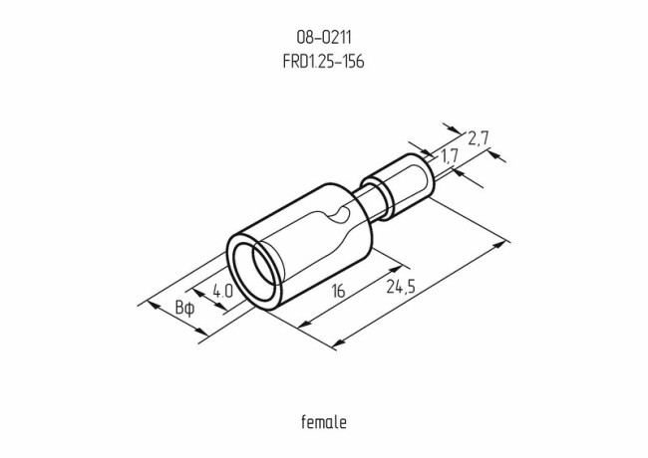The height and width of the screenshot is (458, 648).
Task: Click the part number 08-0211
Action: pyautogui.click(x=323, y=38)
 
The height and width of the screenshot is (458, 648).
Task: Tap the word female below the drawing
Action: pyautogui.click(x=323, y=422)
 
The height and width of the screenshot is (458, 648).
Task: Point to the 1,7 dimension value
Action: pyautogui.click(x=449, y=155)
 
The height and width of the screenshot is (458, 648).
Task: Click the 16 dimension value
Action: pyautogui.click(x=339, y=291)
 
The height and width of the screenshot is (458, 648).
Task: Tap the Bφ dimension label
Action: pyautogui.click(x=185, y=308)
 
